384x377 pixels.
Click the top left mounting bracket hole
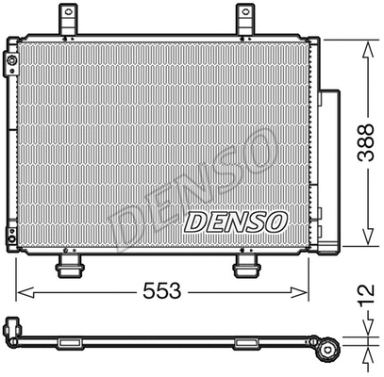tap(69, 14)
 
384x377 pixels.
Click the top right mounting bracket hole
tap(243, 14)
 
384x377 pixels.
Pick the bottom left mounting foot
tap(69, 268)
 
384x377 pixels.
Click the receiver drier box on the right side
tap(327, 170)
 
